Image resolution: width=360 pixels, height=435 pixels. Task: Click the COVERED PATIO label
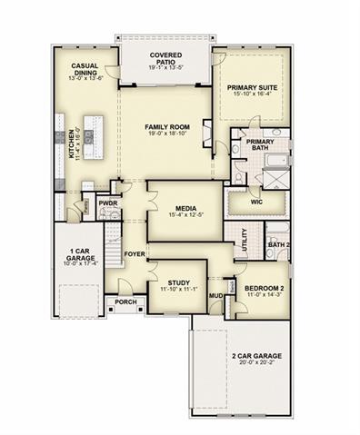pyautogui.click(x=165, y=60)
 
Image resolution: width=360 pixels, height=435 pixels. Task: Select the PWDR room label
pyautogui.click(x=109, y=204)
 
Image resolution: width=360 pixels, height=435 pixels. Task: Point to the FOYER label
pyautogui.click(x=135, y=254)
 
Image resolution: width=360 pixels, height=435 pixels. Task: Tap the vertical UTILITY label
pyautogui.click(x=245, y=241)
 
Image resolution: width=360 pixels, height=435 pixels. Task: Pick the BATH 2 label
pyautogui.click(x=278, y=244)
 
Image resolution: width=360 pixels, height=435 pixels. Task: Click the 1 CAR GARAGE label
pyautogui.click(x=79, y=258)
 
